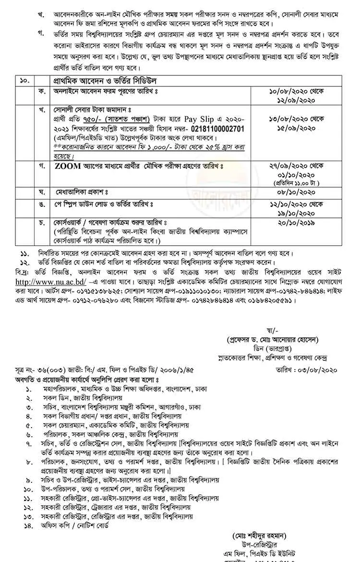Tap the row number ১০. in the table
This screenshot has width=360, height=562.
(24, 80)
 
